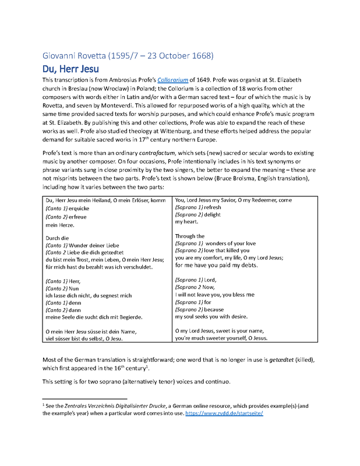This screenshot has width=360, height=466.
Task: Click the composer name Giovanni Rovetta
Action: pos(76,56)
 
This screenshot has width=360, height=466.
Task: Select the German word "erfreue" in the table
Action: pos(81,216)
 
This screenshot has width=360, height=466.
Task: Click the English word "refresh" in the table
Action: pos(213,207)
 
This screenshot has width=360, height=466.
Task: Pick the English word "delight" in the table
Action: pos(212,215)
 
